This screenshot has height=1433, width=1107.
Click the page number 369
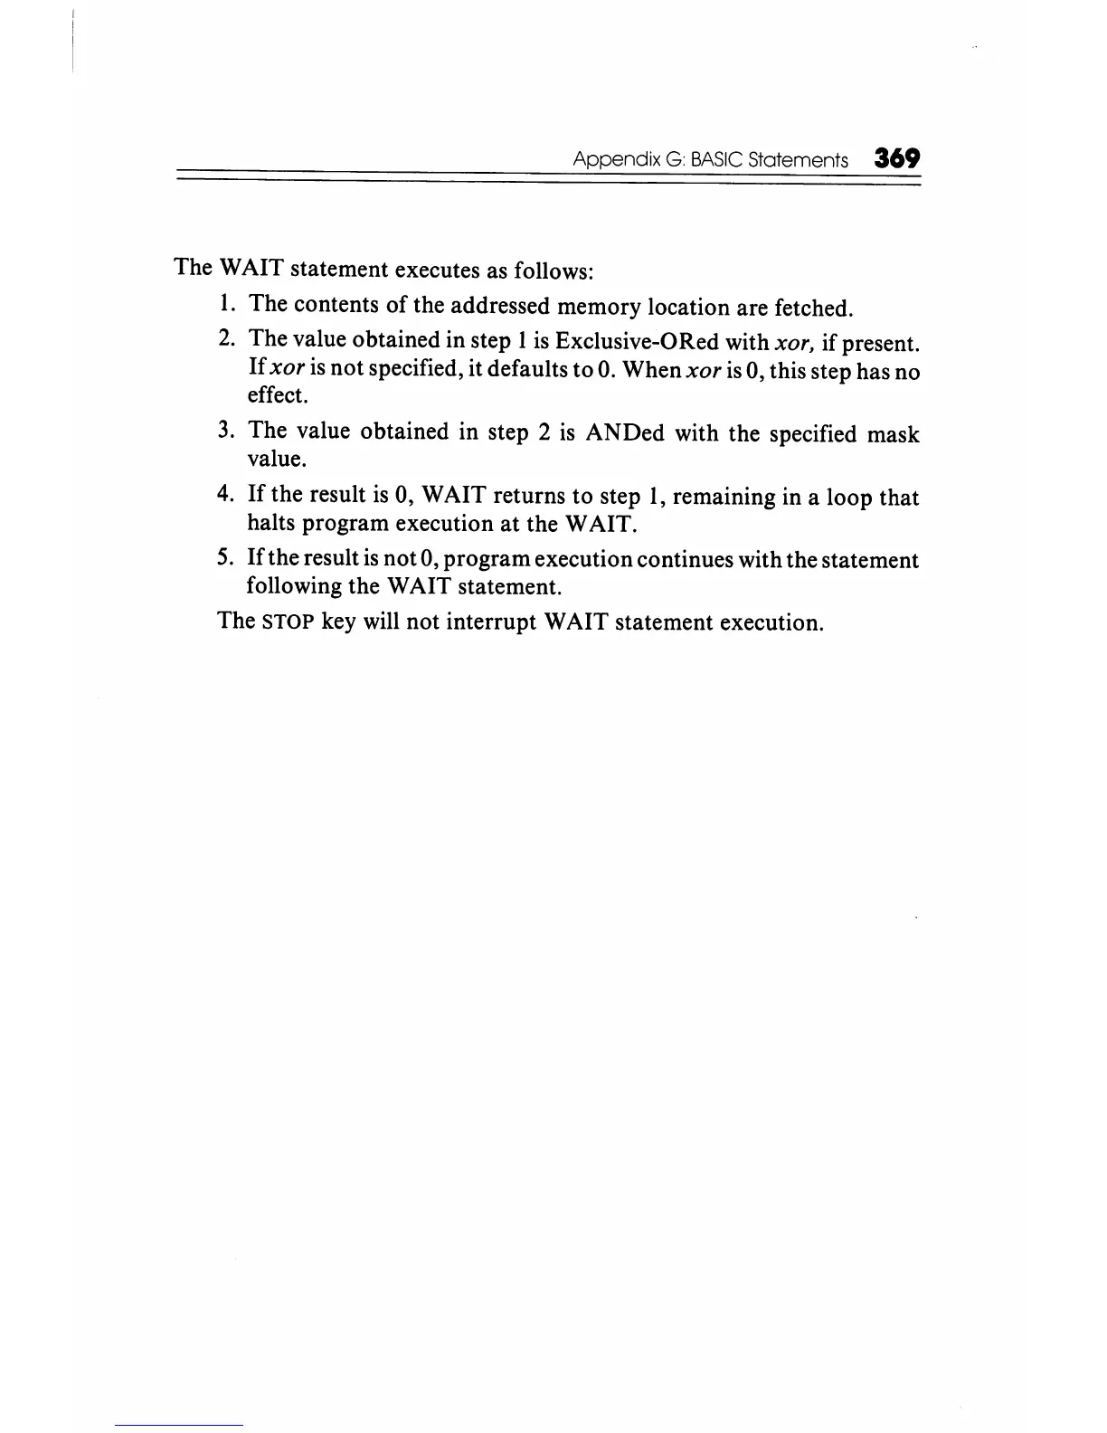(896, 159)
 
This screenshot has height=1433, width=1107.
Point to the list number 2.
(226, 338)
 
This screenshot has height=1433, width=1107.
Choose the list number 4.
(226, 494)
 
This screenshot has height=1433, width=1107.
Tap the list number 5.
(226, 557)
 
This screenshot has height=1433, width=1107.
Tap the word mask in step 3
(893, 434)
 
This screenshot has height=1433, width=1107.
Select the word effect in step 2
(277, 395)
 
